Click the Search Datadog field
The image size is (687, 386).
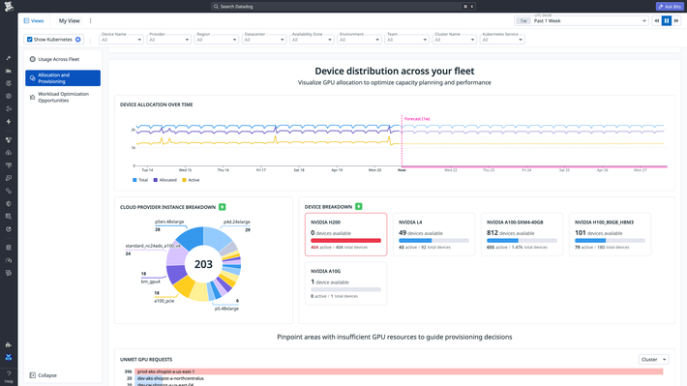(x=343, y=6)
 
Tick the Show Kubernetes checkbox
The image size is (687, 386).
(x=29, y=40)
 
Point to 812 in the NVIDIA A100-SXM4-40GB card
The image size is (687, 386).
(x=493, y=233)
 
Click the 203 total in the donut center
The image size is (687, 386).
(x=203, y=264)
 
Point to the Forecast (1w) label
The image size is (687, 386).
(x=418, y=118)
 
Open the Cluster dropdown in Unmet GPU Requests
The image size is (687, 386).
(x=653, y=359)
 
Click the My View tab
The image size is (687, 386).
(x=70, y=20)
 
